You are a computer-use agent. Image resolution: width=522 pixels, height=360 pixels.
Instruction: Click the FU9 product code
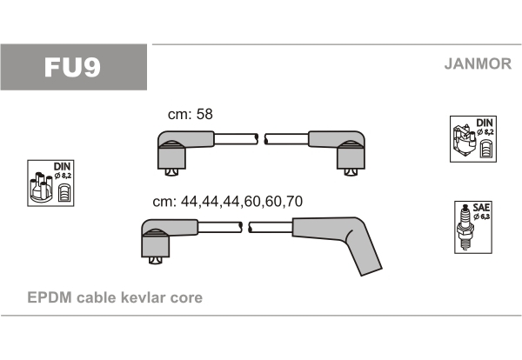tap(72, 67)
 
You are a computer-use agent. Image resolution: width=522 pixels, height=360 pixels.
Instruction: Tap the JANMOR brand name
tap(478, 63)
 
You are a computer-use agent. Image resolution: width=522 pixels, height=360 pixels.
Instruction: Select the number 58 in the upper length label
tap(204, 114)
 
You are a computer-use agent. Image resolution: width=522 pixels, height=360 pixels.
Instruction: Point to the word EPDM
tap(50, 297)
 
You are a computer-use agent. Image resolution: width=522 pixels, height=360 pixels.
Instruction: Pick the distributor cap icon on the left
tap(41, 187)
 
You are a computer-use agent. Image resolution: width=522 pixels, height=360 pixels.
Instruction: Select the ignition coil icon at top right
tap(464, 142)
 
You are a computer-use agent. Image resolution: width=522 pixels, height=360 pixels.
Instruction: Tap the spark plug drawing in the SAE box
tap(465, 227)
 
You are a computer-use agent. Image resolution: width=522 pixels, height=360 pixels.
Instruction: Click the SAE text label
tap(481, 208)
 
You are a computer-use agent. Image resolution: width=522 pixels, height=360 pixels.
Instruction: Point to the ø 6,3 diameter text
tap(482, 217)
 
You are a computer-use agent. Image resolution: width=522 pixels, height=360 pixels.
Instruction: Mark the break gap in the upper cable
tap(261, 139)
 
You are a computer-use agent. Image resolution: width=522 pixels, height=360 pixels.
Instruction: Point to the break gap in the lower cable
tap(245, 227)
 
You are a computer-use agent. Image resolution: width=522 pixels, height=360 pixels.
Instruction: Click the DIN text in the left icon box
tap(63, 167)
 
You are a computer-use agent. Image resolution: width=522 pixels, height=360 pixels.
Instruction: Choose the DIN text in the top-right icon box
tap(485, 123)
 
